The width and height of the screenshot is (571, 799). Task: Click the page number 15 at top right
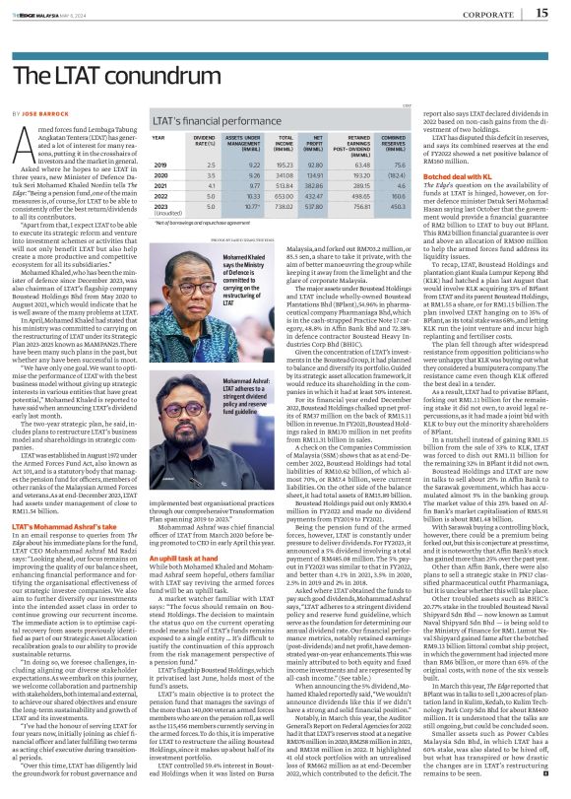pos(541,12)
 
